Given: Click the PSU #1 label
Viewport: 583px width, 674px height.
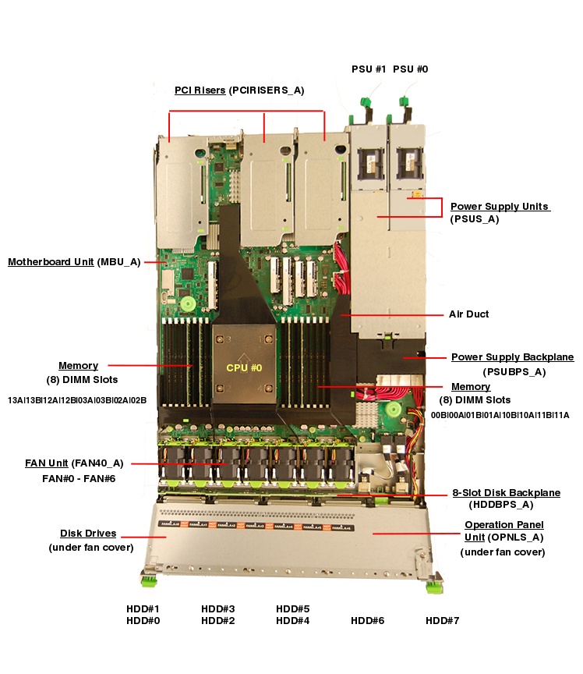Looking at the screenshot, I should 369,69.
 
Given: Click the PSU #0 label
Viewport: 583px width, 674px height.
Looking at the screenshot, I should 410,69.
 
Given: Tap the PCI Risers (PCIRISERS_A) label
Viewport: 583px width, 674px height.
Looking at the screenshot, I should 238,90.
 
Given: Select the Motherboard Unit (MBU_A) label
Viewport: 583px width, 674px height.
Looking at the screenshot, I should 74,261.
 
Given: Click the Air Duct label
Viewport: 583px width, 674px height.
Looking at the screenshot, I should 468,314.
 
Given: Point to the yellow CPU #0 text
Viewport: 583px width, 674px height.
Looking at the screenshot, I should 244,367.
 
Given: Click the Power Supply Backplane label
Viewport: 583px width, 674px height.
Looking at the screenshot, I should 512,357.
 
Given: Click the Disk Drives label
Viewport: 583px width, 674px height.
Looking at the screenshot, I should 88,534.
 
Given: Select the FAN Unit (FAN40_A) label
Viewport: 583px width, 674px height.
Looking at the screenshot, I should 74,463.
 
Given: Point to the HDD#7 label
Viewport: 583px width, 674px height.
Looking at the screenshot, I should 442,621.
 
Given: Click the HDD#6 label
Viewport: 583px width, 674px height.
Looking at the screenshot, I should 367,621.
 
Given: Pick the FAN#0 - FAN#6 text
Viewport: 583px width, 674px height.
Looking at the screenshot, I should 79,477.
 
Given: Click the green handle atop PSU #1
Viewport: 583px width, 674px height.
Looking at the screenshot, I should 363,102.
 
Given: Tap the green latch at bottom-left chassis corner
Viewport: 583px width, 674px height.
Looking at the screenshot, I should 147,580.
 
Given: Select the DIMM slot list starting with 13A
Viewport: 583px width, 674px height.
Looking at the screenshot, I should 77,400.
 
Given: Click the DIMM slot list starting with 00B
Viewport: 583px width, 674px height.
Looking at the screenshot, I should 500,415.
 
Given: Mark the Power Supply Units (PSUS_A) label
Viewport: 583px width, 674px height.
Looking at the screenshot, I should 500,207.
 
